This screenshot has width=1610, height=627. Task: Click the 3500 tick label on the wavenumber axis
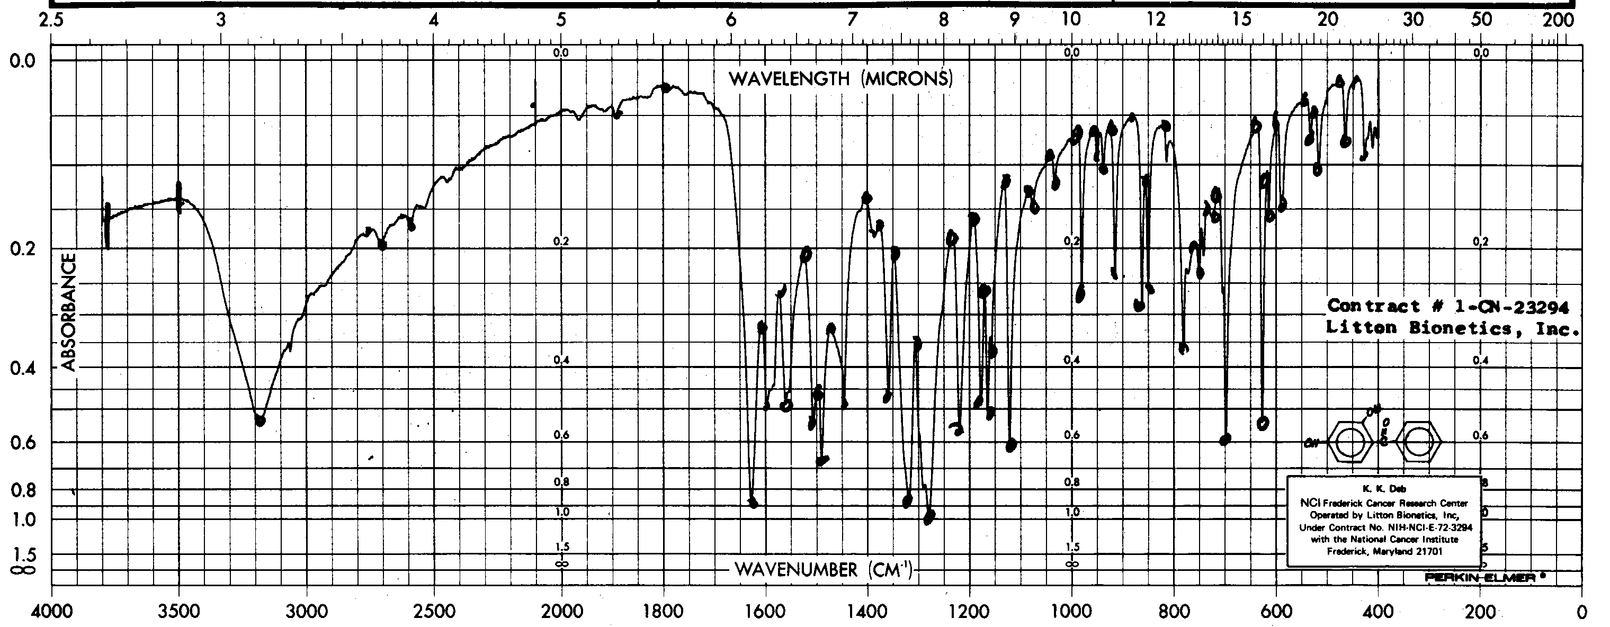tap(179, 611)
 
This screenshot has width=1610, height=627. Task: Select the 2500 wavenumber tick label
tap(434, 611)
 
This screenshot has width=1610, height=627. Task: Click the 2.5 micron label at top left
tap(51, 20)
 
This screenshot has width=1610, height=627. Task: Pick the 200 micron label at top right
tap(1558, 20)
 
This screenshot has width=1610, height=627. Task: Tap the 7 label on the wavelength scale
tap(851, 20)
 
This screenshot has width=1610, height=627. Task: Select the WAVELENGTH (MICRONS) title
tap(840, 79)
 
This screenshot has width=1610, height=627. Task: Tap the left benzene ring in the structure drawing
tap(1349, 443)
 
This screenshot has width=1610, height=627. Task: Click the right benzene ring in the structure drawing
tap(1419, 443)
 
